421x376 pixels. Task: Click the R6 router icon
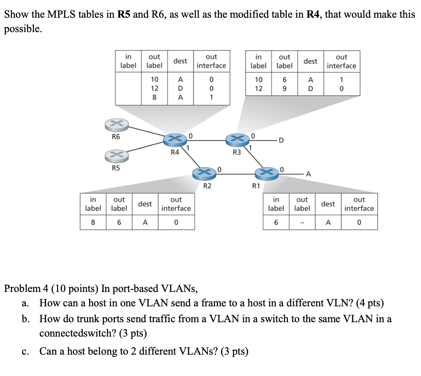click(116, 125)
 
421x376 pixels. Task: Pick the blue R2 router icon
click(205, 173)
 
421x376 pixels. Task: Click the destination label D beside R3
click(281, 140)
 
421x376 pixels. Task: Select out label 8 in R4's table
click(154, 97)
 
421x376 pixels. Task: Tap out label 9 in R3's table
click(284, 89)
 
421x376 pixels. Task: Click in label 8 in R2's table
click(93, 222)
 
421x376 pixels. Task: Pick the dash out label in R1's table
click(302, 222)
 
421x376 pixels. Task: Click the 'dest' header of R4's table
click(180, 61)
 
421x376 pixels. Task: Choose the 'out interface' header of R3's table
click(341, 61)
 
